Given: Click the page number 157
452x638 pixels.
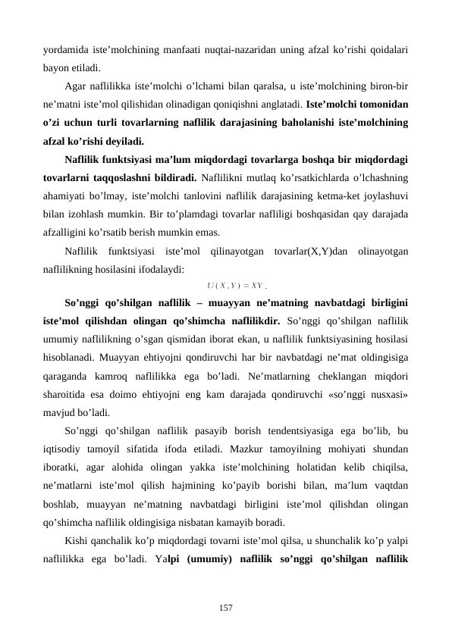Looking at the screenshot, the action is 226,606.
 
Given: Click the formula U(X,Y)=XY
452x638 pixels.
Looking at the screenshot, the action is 235,286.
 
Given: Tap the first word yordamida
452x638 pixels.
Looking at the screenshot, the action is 64,49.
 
